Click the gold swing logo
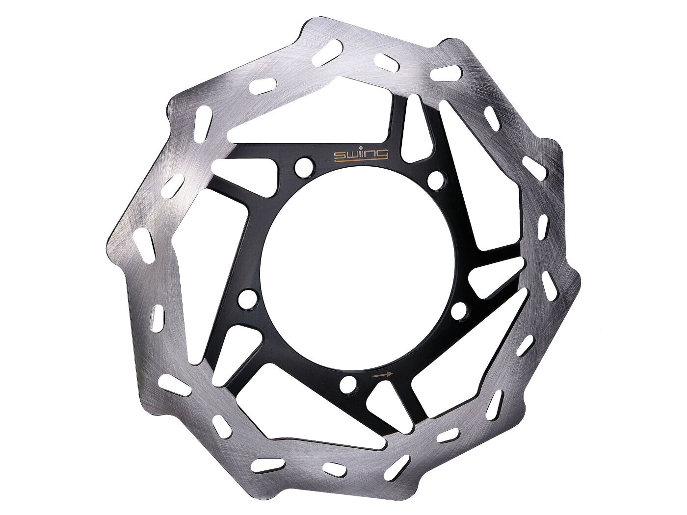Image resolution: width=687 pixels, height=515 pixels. click(x=361, y=155)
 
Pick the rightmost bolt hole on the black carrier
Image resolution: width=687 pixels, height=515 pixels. click(x=459, y=310)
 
